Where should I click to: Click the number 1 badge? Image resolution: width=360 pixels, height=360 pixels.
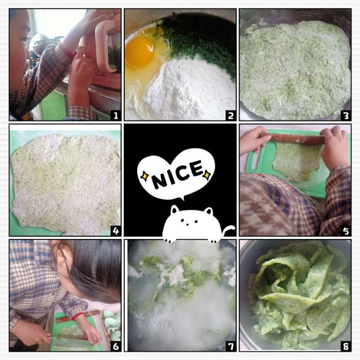pos(116,115)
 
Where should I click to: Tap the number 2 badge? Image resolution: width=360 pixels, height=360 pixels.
pos(231,115)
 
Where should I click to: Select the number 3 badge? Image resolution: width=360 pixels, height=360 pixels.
pos(346,115)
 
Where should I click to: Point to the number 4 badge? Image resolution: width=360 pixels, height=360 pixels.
pos(116,231)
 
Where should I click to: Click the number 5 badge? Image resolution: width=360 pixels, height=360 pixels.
pos(346,231)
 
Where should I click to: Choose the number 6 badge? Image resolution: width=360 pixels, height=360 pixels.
pos(116,346)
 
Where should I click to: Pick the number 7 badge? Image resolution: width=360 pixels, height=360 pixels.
pos(231,346)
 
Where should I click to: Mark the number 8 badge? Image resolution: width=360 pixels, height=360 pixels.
pos(346,346)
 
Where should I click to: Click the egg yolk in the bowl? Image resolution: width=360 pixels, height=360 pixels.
pos(139,52)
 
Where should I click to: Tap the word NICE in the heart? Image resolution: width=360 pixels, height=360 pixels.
pos(178,174)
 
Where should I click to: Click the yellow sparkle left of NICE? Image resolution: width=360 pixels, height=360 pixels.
pos(145,176)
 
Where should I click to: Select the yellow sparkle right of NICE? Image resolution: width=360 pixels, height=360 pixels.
pos(207,175)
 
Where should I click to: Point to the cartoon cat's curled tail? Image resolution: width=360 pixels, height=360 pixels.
pos(228,230)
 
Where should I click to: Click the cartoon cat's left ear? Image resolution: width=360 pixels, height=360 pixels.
pos(175,210)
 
